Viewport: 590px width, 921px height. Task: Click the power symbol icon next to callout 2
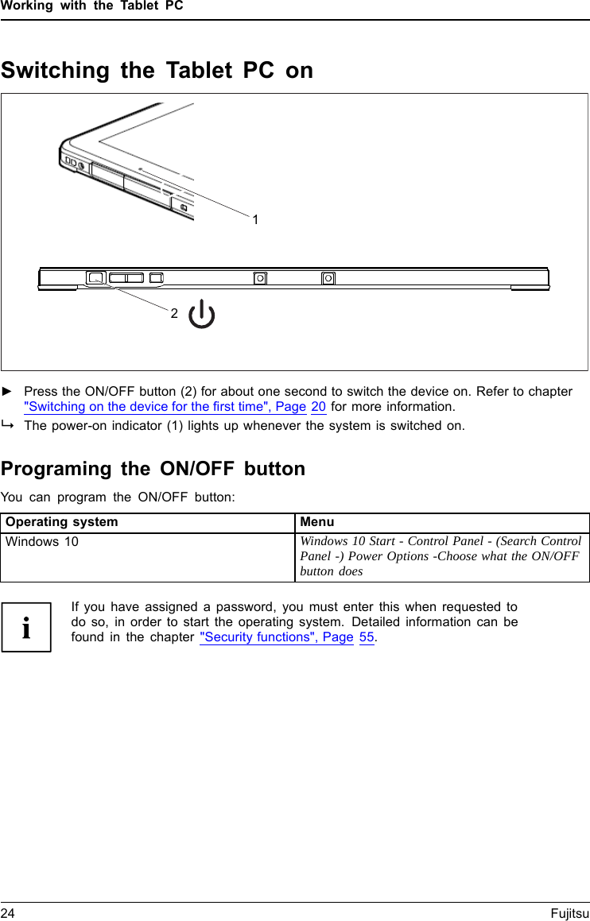202,315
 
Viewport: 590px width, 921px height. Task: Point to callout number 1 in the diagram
255,219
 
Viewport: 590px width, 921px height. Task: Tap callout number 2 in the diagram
173,314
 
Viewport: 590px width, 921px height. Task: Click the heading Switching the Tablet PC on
157,71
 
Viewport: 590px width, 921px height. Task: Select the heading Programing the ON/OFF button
153,469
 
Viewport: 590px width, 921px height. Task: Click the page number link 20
318,407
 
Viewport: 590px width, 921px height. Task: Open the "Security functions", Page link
277,637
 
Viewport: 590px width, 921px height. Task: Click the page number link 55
367,637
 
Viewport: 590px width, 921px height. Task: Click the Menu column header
317,523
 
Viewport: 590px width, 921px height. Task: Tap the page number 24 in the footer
8,914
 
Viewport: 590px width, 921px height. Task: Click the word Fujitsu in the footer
569,914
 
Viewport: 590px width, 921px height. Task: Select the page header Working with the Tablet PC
91,6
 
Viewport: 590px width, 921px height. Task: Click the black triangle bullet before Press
7,392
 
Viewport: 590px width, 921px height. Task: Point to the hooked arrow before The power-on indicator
7,425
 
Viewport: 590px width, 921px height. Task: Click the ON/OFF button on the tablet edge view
95,278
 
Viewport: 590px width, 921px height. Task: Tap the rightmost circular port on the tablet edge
328,278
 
